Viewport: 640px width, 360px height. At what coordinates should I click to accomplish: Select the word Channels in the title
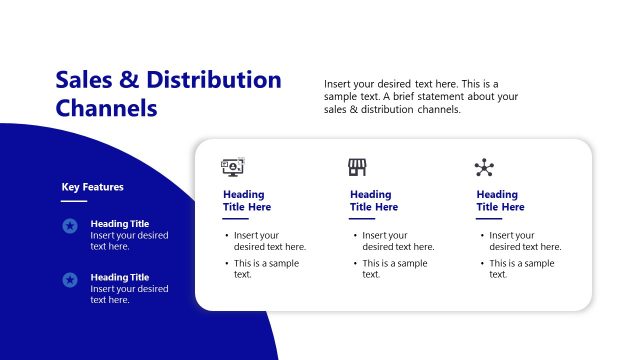107,108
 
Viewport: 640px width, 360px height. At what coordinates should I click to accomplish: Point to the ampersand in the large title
132,80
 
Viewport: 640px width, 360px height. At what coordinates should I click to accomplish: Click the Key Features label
93,186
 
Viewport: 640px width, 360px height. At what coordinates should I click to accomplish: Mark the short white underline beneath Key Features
74,200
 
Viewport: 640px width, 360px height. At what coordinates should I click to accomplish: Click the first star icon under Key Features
70,226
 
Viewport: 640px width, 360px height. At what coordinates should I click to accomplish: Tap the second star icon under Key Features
70,280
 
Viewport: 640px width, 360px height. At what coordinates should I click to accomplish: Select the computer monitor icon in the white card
233,167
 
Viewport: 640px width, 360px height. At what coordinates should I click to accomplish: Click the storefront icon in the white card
357,167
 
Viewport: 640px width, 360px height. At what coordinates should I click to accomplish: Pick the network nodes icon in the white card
484,167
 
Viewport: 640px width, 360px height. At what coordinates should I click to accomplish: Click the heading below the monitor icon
247,200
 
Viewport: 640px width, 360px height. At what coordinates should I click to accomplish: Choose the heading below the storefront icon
373,200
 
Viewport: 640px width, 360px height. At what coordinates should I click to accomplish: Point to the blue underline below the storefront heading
362,218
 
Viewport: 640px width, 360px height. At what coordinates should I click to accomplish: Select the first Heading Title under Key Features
119,224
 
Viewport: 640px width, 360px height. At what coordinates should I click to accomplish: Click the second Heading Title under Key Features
119,277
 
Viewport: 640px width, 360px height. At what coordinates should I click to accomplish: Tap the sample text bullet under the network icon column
521,268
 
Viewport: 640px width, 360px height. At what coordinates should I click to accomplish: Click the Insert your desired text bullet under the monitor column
269,240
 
